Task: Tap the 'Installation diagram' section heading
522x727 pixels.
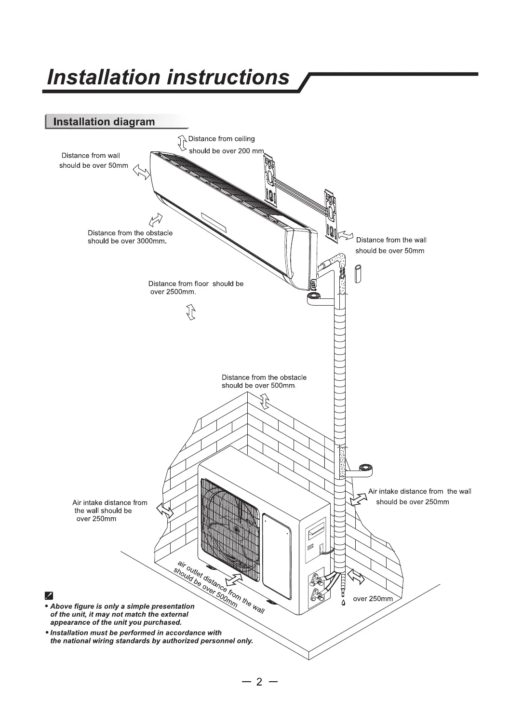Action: pos(104,121)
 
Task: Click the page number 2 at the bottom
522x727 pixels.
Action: pos(259,682)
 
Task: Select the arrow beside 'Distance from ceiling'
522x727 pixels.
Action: pos(182,144)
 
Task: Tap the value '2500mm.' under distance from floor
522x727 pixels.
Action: pos(181,292)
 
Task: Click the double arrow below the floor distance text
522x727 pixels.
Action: pos(191,312)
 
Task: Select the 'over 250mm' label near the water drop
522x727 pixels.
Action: pos(373,599)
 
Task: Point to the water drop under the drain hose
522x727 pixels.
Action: pos(344,603)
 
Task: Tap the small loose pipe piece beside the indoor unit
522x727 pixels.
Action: pos(358,274)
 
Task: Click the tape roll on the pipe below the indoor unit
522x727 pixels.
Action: pos(314,297)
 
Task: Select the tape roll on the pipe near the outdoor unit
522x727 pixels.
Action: pos(366,469)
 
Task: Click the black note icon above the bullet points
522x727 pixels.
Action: pos(49,595)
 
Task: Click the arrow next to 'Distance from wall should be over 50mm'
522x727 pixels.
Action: pos(141,171)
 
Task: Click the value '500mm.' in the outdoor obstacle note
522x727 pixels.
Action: pos(283,386)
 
